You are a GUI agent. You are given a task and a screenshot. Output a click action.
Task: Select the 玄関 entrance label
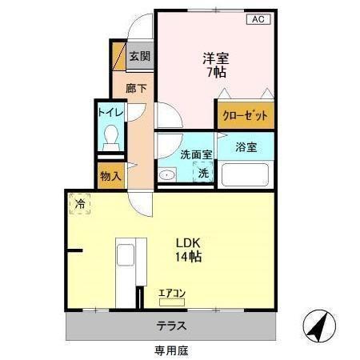[x=142, y=58]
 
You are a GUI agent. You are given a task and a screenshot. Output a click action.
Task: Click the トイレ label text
[x=110, y=112]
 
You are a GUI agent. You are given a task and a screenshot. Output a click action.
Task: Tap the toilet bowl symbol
[x=110, y=138]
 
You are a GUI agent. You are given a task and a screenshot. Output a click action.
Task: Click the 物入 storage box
[x=110, y=176]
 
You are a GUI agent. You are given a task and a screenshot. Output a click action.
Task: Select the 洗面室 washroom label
[x=195, y=154]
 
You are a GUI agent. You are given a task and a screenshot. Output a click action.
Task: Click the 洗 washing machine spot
[x=204, y=173]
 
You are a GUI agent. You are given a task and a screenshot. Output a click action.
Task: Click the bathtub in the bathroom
[x=246, y=174]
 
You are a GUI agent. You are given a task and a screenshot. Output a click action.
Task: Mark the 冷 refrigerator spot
[x=80, y=205]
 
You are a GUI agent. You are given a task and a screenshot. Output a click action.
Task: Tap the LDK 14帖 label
[x=189, y=250]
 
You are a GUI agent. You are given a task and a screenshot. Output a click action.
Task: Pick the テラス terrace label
[x=170, y=326]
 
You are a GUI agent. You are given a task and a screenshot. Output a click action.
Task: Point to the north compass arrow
[x=318, y=326]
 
